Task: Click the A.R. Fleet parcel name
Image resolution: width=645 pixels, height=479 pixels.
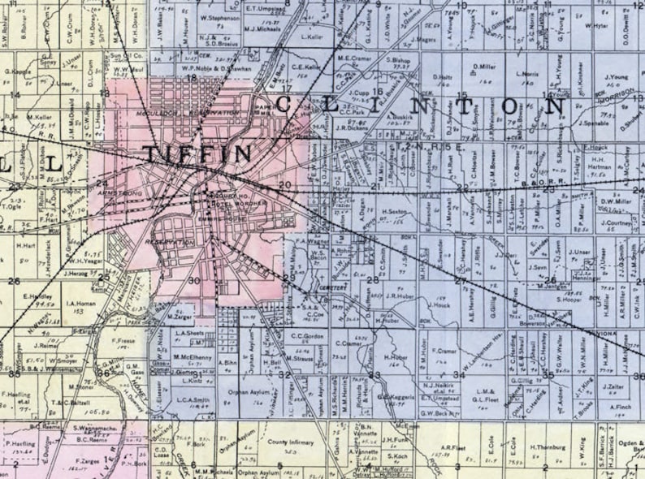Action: coord(452,447)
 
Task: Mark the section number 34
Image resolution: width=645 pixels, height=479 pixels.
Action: coord(459,374)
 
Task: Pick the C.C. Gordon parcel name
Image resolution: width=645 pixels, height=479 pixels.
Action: coord(308,335)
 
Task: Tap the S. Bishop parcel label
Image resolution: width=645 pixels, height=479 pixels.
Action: coord(396,60)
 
